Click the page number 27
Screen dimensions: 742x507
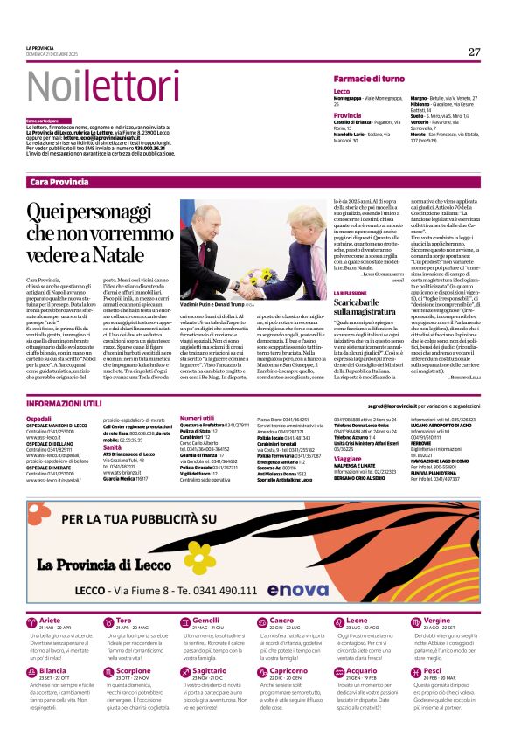pyautogui.click(x=474, y=52)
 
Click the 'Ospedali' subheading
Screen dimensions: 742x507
pyautogui.click(x=39, y=420)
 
